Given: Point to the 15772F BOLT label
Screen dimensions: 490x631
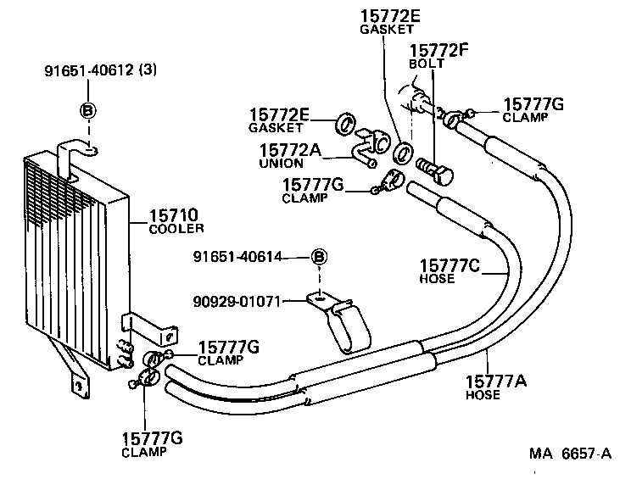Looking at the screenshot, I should (438, 56).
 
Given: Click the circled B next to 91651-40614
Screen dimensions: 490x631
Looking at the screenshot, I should (319, 258).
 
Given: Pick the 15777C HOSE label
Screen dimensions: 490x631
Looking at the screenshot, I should (449, 273).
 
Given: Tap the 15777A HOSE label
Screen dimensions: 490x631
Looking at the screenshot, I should (496, 387).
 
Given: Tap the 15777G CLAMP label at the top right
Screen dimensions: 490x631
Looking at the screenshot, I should (533, 109).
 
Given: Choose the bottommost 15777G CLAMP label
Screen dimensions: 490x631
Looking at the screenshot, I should (154, 443).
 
